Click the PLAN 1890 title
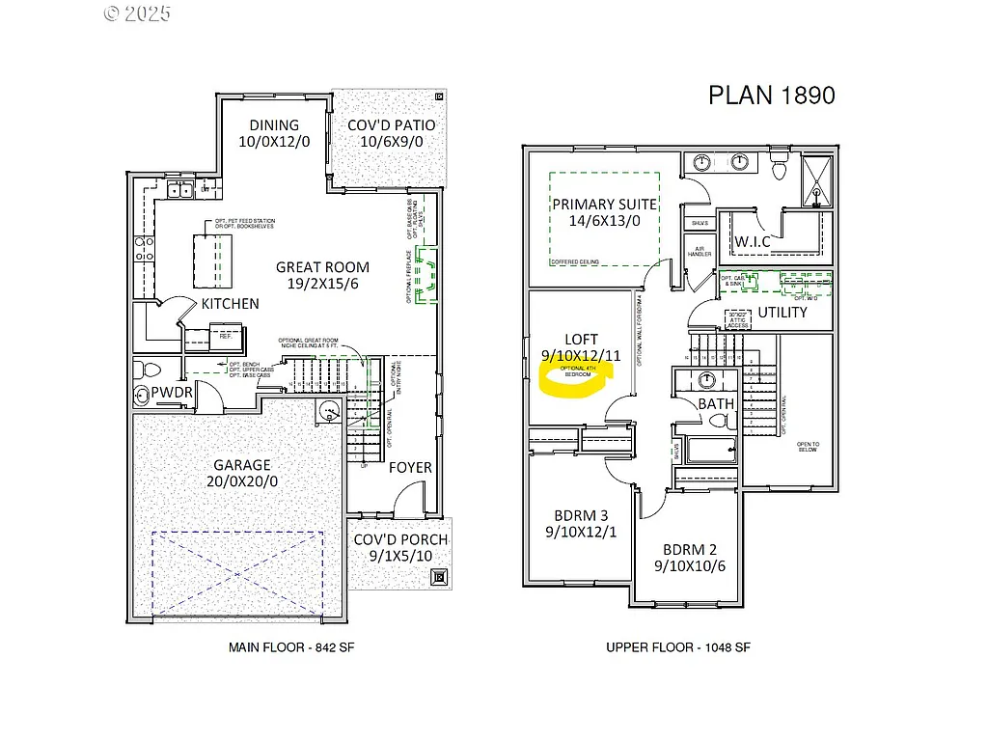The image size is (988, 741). pyautogui.click(x=771, y=95)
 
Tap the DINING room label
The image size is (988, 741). pyautogui.click(x=274, y=124)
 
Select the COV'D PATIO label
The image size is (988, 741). pyautogui.click(x=391, y=124)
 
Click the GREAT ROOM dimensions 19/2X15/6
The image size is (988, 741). pyautogui.click(x=322, y=285)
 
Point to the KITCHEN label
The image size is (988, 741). pyautogui.click(x=230, y=304)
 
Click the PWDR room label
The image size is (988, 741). pyautogui.click(x=172, y=392)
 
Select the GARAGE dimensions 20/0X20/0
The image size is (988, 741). pyautogui.click(x=242, y=481)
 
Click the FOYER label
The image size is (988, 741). pyautogui.click(x=410, y=468)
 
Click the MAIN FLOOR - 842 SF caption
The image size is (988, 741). pyautogui.click(x=282, y=647)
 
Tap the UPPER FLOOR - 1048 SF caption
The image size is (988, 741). pyautogui.click(x=678, y=647)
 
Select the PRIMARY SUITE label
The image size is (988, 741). pyautogui.click(x=604, y=204)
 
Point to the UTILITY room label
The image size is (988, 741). pyautogui.click(x=782, y=313)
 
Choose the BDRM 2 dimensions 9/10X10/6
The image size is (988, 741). pyautogui.click(x=689, y=566)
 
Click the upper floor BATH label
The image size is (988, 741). pyautogui.click(x=716, y=403)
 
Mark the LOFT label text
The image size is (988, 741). pyautogui.click(x=581, y=340)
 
